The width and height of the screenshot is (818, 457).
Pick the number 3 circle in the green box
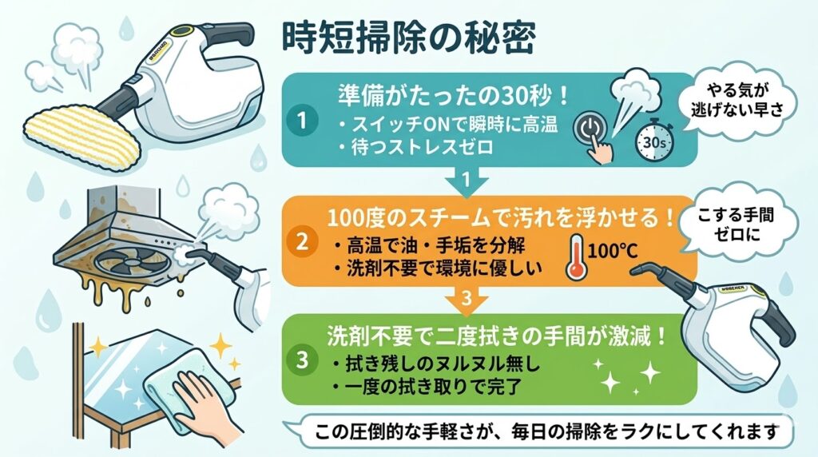(303, 360)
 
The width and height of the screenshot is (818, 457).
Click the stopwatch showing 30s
(648, 141)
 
